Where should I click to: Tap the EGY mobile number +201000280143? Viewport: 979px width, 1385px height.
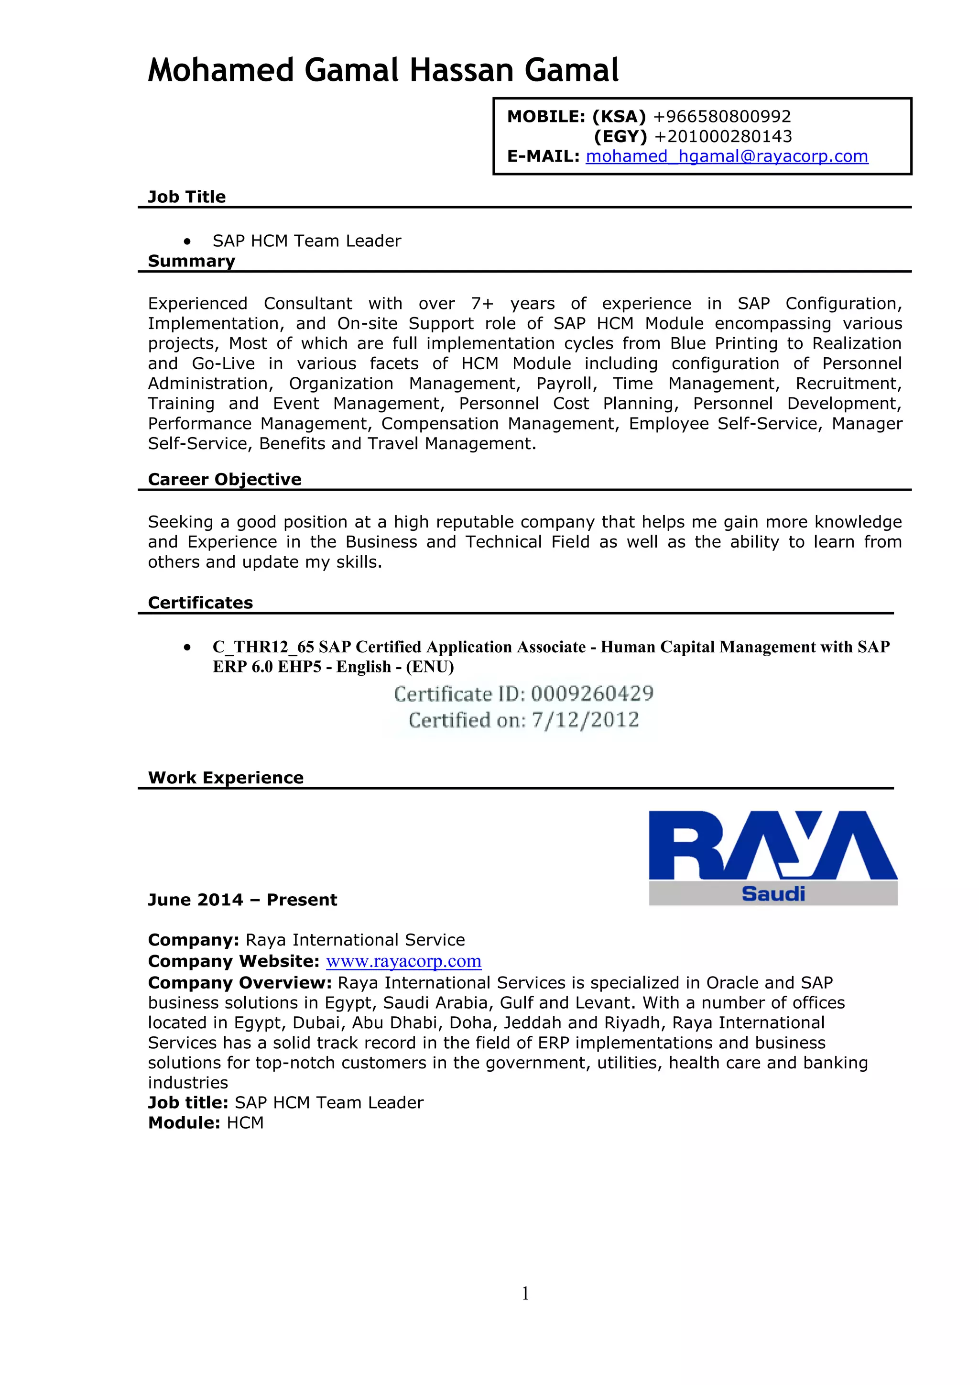(723, 136)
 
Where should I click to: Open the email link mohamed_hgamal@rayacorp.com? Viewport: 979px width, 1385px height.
(727, 156)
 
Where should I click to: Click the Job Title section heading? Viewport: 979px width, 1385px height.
(186, 197)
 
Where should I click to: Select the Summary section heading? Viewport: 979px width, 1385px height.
(191, 261)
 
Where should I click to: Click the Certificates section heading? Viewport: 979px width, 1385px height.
(200, 603)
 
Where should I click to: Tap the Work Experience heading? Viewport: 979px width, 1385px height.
(226, 778)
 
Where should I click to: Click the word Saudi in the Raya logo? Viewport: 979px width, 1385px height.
(773, 893)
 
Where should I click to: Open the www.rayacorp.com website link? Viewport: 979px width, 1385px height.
(403, 961)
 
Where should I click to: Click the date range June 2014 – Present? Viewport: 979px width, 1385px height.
(242, 900)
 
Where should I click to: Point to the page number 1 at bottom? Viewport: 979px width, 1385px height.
(525, 1293)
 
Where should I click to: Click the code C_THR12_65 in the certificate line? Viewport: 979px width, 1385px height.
(263, 647)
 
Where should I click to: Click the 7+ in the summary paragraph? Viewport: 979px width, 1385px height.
(482, 303)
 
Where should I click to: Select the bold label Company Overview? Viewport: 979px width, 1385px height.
(239, 983)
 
